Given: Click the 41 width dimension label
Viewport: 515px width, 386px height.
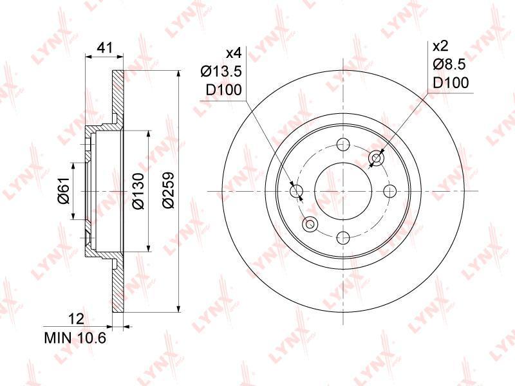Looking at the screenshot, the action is [105, 48].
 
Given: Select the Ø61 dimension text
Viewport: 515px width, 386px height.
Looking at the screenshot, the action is [65, 190].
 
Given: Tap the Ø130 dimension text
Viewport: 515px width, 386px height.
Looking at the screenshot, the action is [138, 191].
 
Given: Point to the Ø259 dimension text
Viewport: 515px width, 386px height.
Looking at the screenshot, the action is [168, 190].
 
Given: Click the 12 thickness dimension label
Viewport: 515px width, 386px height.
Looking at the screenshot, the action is [77, 319].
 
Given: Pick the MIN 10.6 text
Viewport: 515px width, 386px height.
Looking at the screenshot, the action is [75, 338].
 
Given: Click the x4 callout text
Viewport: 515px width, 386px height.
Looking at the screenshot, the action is [234, 53].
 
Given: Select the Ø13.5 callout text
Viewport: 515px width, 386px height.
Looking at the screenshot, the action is [221, 71].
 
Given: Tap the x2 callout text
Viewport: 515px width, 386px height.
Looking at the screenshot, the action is [441, 46].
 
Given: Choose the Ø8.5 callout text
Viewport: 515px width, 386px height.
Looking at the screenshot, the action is [449, 64].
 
